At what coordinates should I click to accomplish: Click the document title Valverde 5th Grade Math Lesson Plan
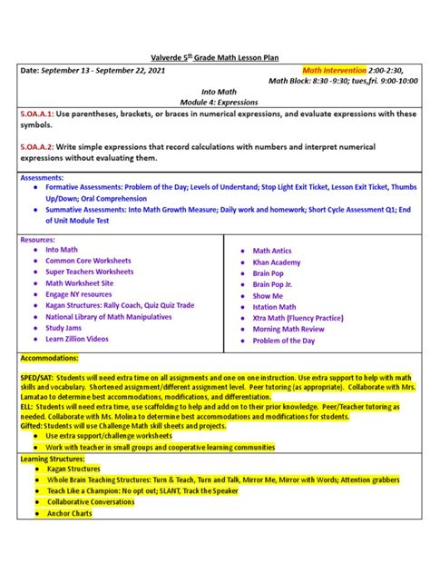pos(214,56)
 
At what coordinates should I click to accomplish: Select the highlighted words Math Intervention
pos(335,70)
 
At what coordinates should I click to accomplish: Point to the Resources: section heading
pos(38,240)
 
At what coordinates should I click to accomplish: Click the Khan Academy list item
pos(277,262)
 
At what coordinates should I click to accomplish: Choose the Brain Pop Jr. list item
pos(274,284)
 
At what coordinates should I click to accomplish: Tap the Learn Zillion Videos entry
pos(77,339)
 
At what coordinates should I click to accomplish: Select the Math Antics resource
pos(272,251)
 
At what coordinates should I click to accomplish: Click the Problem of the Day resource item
pos(284,341)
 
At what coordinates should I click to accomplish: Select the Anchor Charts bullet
pos(70,513)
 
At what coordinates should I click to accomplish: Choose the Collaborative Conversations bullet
pos(92,502)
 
